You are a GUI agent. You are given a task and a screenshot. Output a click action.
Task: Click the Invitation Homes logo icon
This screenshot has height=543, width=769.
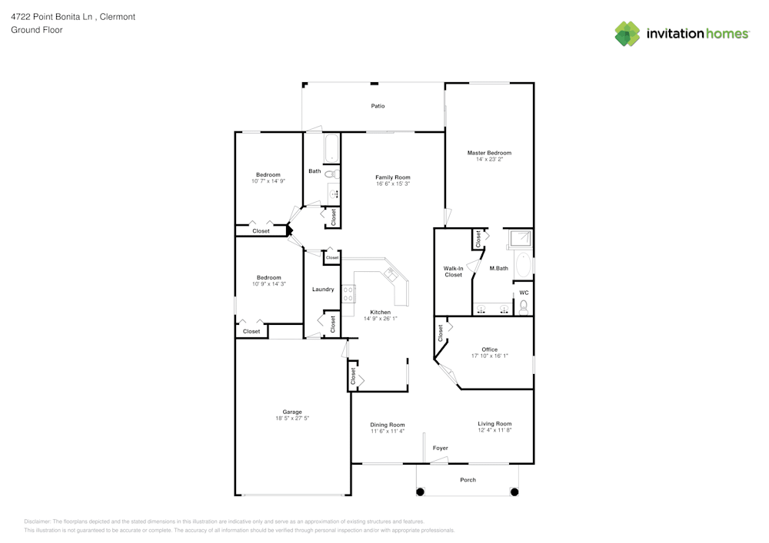[x=627, y=34]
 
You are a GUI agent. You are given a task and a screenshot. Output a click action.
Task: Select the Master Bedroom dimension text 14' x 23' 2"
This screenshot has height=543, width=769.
[x=489, y=160]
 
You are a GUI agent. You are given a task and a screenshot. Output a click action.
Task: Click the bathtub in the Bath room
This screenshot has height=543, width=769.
[x=331, y=148]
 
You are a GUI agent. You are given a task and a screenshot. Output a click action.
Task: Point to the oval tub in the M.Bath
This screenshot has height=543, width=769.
[x=523, y=265]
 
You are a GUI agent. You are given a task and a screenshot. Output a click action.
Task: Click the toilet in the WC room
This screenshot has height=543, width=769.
[x=524, y=307]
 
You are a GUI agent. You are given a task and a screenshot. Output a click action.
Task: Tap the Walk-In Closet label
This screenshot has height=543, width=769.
[x=453, y=271]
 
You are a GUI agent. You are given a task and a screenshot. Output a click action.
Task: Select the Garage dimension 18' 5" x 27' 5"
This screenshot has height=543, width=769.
[x=292, y=418]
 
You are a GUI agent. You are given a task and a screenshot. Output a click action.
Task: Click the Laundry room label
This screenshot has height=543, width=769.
[x=323, y=290]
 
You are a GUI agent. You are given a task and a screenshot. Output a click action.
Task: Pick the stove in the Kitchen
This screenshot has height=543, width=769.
[x=348, y=293]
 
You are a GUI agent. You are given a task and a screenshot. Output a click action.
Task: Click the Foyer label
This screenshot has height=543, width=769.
[x=440, y=448]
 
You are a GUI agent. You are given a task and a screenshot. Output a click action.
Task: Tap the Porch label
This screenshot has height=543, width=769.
[x=468, y=480]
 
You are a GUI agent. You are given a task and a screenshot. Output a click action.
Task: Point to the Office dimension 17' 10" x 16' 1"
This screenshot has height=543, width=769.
[x=490, y=356]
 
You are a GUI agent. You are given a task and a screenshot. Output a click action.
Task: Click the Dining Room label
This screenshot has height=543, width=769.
[x=387, y=425]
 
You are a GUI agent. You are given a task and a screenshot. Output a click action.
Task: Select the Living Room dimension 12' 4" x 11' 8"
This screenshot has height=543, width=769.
[x=494, y=430]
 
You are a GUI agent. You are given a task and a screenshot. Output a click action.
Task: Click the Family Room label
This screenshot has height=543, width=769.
[x=392, y=177]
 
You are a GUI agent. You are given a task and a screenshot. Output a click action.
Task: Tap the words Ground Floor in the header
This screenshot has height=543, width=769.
[x=37, y=30]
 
